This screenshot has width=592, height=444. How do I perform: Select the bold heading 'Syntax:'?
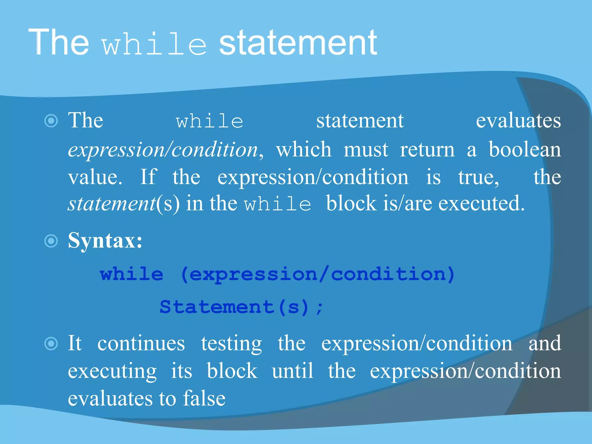pyautogui.click(x=105, y=240)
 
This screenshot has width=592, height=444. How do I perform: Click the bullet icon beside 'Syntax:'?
pyautogui.click(x=51, y=241)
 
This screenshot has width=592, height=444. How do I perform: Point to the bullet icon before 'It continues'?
pyautogui.click(x=51, y=343)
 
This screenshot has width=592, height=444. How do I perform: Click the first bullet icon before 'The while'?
pyautogui.click(x=51, y=121)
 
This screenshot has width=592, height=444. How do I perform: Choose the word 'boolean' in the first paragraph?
pyautogui.click(x=525, y=149)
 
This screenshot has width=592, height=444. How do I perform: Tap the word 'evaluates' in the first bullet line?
pyautogui.click(x=518, y=121)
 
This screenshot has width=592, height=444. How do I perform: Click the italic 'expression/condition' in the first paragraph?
pyautogui.click(x=163, y=150)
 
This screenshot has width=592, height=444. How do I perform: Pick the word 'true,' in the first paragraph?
pyautogui.click(x=478, y=177)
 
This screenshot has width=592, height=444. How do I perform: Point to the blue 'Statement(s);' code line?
pyautogui.click(x=241, y=307)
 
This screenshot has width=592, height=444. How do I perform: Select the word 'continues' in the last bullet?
pyautogui.click(x=141, y=343)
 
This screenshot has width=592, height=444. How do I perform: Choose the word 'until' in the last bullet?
pyautogui.click(x=293, y=371)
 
